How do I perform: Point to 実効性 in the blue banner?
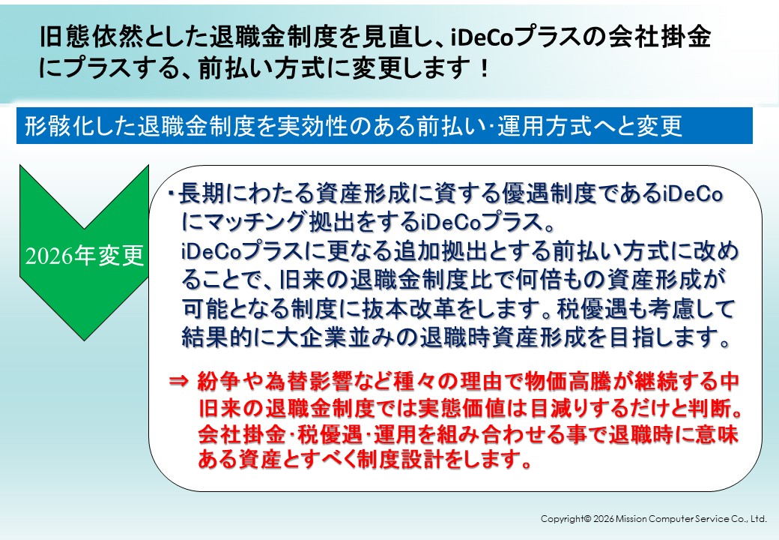point(312,126)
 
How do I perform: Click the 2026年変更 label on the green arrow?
point(85,256)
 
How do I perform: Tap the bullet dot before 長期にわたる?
point(171,193)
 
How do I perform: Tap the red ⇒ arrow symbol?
point(179,382)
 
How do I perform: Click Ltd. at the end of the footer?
point(759,519)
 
